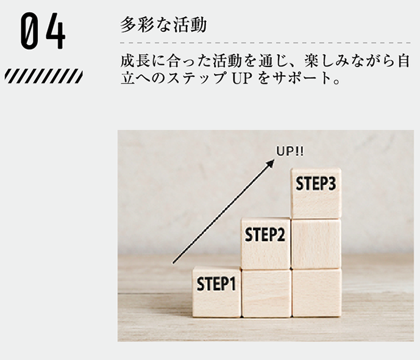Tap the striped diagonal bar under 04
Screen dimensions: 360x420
pyautogui.click(x=43, y=76)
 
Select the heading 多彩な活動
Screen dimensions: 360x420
pyautogui.click(x=164, y=25)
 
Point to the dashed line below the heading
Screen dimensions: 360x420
pyautogui.click(x=265, y=43)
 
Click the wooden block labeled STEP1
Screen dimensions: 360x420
pyautogui.click(x=216, y=292)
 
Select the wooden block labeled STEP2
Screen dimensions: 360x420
pyautogui.click(x=265, y=243)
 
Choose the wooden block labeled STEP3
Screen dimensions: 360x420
pyautogui.click(x=316, y=193)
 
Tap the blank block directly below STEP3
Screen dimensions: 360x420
pyautogui.click(x=316, y=244)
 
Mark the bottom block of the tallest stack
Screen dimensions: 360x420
pyautogui.click(x=316, y=293)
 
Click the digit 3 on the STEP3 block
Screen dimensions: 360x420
pyautogui.click(x=332, y=184)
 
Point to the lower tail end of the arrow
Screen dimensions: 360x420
pyautogui.click(x=174, y=262)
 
